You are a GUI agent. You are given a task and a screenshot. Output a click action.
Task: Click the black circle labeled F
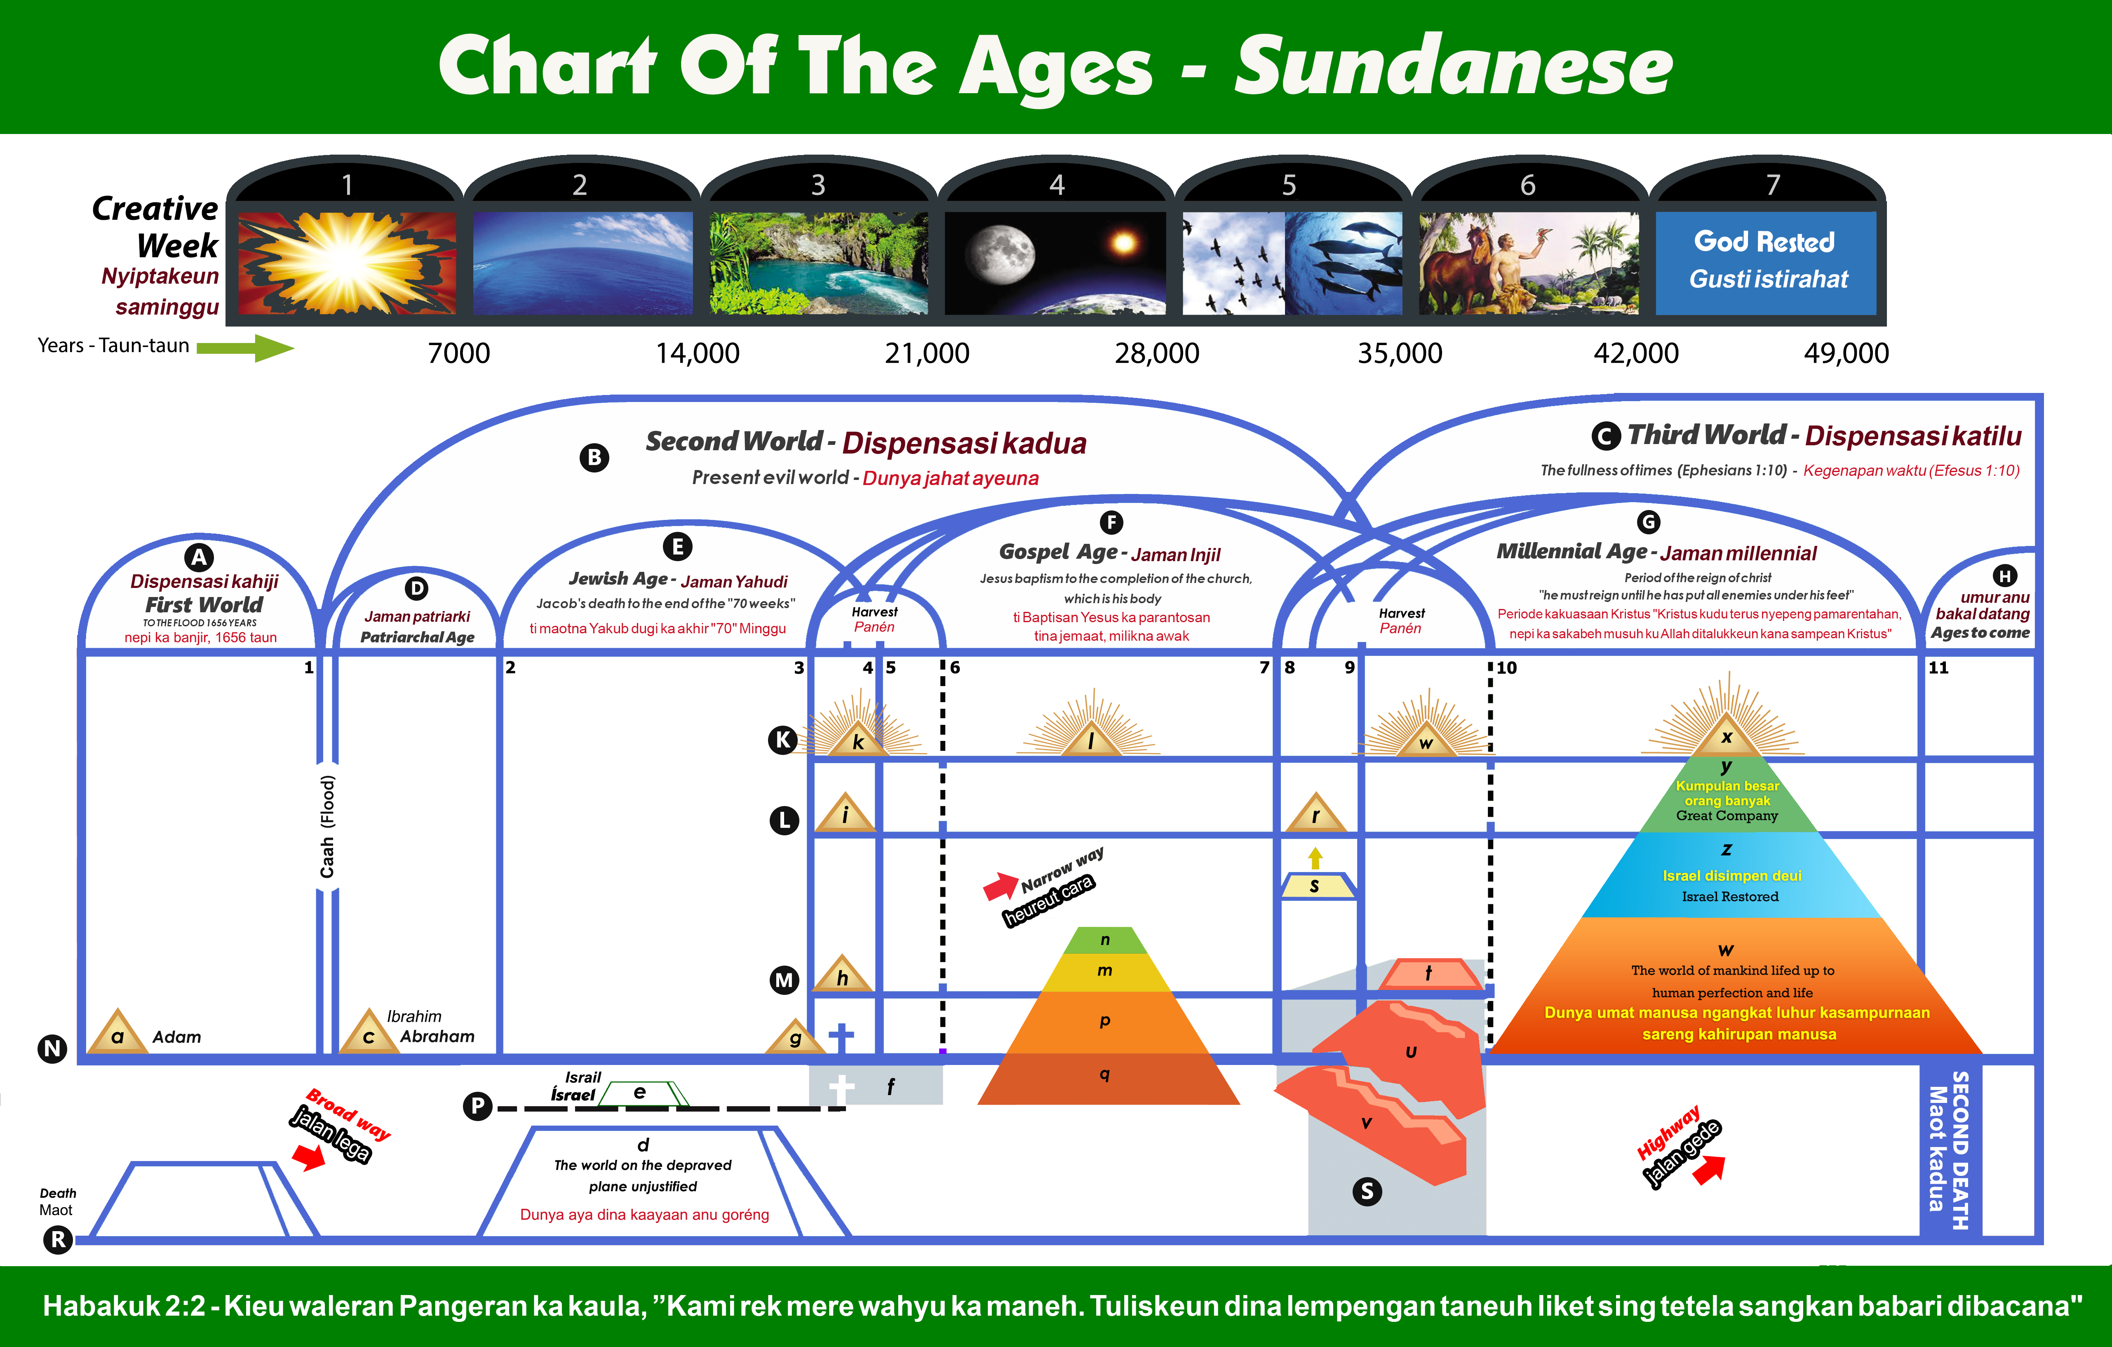(1111, 523)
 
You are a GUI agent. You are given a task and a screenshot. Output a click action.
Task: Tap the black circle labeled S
(1367, 1191)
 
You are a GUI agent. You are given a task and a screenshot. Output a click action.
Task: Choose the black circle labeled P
(477, 1106)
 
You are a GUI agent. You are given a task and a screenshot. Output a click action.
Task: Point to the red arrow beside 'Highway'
(1708, 1169)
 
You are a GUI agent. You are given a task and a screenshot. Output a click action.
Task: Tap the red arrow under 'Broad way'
(309, 1158)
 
